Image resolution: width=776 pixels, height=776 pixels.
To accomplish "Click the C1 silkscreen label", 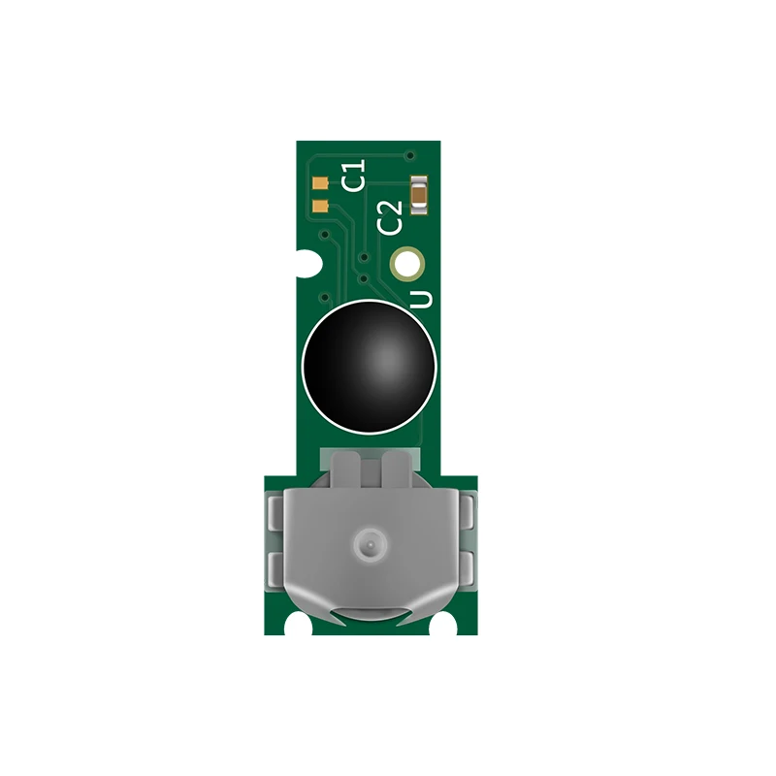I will tap(355, 177).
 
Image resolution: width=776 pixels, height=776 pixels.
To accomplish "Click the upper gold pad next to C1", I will tap(321, 181).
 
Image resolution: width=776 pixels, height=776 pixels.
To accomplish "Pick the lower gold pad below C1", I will tap(321, 205).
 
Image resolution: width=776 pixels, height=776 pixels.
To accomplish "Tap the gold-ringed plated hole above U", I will tap(406, 263).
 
